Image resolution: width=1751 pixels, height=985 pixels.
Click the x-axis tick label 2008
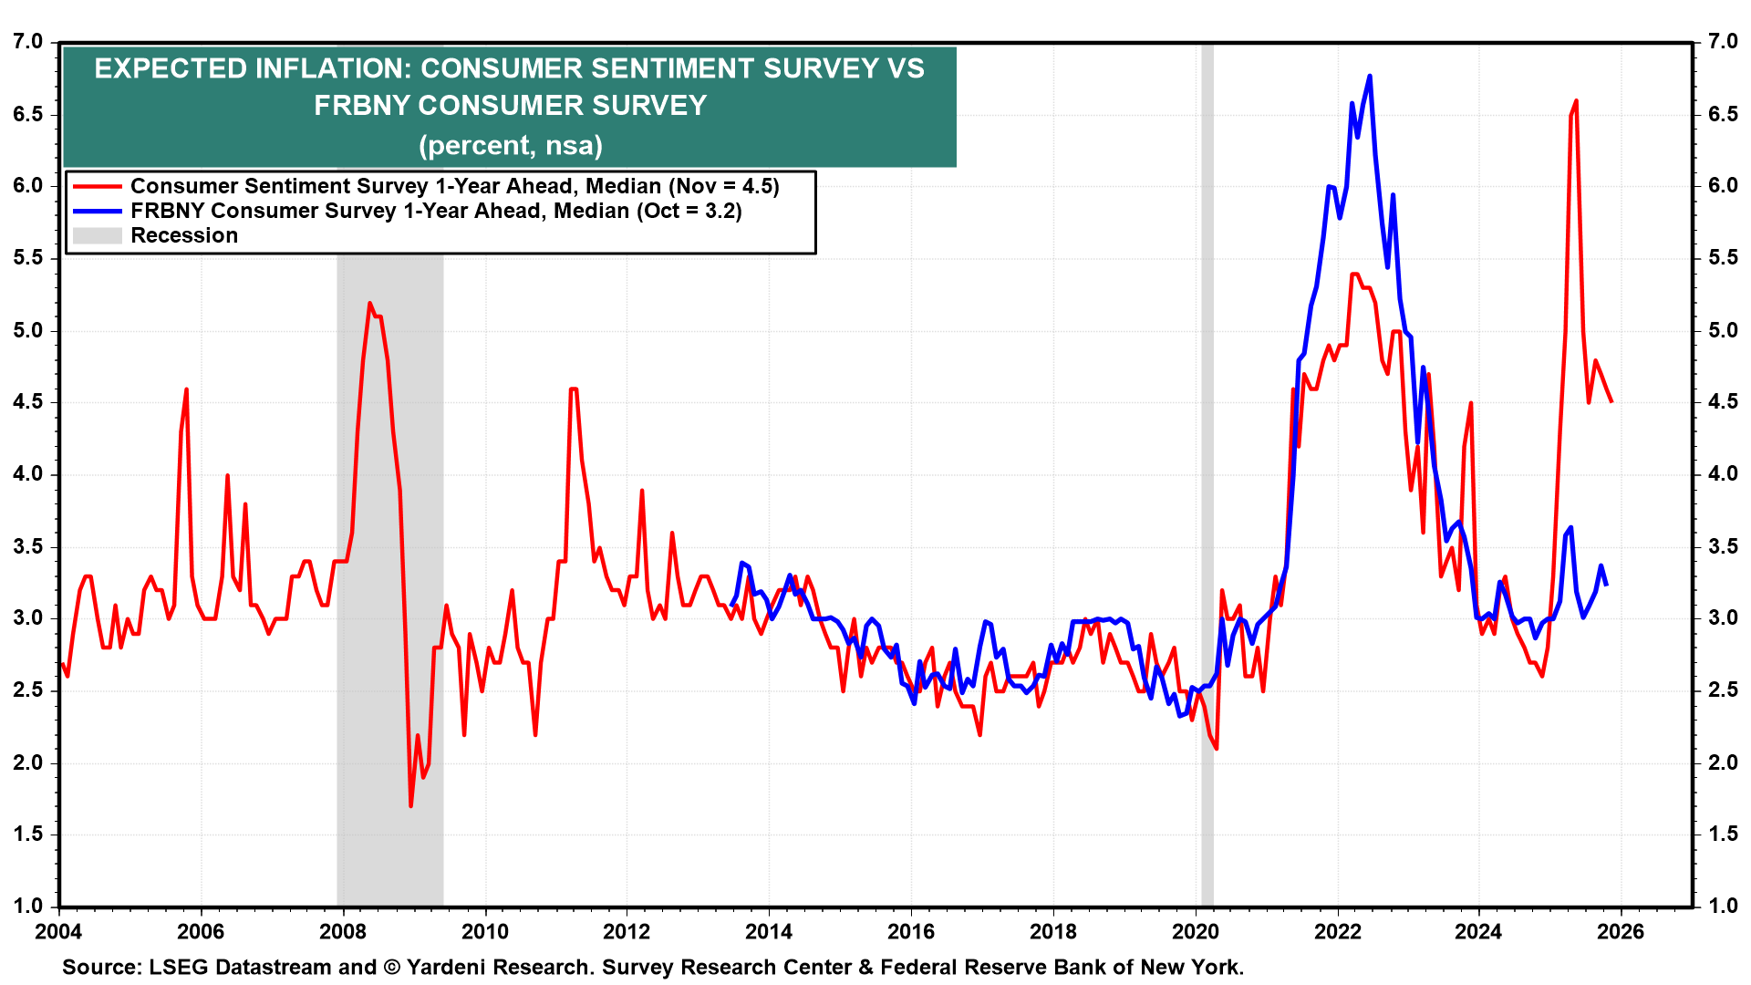[x=343, y=931]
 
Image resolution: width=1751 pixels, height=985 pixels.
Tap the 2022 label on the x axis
[x=1337, y=931]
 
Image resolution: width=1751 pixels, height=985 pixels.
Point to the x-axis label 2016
[x=911, y=931]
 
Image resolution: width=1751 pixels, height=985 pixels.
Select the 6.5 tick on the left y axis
[x=28, y=114]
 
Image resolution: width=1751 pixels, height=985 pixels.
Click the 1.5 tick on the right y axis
[x=1723, y=835]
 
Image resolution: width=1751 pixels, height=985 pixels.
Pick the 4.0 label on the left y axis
[x=28, y=474]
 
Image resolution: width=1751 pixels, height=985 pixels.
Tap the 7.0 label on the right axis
[x=1723, y=42]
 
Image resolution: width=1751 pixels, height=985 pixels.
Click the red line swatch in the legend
[x=97, y=186]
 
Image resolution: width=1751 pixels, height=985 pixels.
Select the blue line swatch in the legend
[x=97, y=211]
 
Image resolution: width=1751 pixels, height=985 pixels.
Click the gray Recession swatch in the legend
[x=97, y=235]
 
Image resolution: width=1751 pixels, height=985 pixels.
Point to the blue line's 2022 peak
[x=1370, y=77]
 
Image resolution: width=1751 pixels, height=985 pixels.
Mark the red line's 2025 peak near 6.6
[x=1576, y=101]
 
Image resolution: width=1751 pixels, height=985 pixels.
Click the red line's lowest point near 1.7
[x=411, y=805]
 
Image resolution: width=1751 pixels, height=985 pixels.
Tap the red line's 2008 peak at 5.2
[x=369, y=303]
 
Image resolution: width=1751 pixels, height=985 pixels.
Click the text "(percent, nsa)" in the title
[x=511, y=145]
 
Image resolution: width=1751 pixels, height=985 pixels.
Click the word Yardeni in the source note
[x=450, y=967]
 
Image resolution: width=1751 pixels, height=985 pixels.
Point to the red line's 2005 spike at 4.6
[x=186, y=389]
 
